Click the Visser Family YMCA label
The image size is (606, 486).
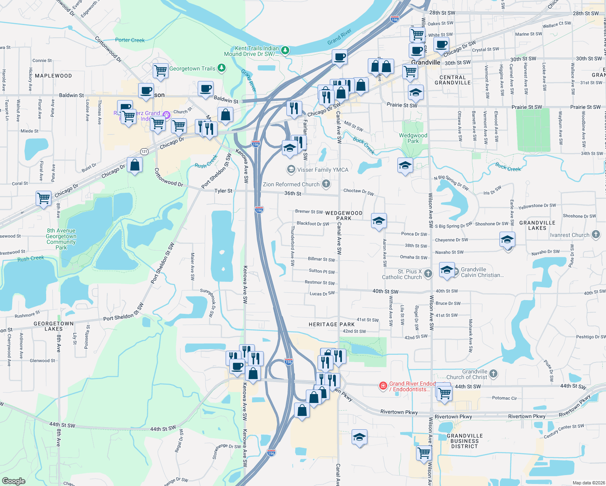coord(322,170)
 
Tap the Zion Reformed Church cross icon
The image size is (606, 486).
coord(326,184)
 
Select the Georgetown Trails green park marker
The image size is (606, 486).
coord(221,68)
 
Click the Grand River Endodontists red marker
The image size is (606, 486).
coord(383,386)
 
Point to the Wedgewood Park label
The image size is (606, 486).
coord(413,138)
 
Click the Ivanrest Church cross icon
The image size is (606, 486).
coord(595,234)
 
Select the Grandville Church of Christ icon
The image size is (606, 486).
coord(493,374)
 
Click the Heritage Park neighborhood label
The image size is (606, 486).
coord(331,324)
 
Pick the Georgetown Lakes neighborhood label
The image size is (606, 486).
coord(53,326)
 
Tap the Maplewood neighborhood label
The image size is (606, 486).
coord(53,76)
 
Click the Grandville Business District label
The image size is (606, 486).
coord(465,441)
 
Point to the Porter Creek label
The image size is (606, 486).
coord(130,40)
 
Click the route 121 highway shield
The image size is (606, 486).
coord(144,151)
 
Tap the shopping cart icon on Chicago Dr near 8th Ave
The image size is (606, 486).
coord(43,198)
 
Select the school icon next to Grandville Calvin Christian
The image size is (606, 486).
coord(446,270)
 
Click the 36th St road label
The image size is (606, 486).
coord(292,193)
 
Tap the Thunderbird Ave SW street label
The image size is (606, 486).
coord(292,245)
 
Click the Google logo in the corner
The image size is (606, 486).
coord(14,481)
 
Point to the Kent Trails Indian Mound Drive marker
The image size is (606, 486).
coord(285,50)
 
